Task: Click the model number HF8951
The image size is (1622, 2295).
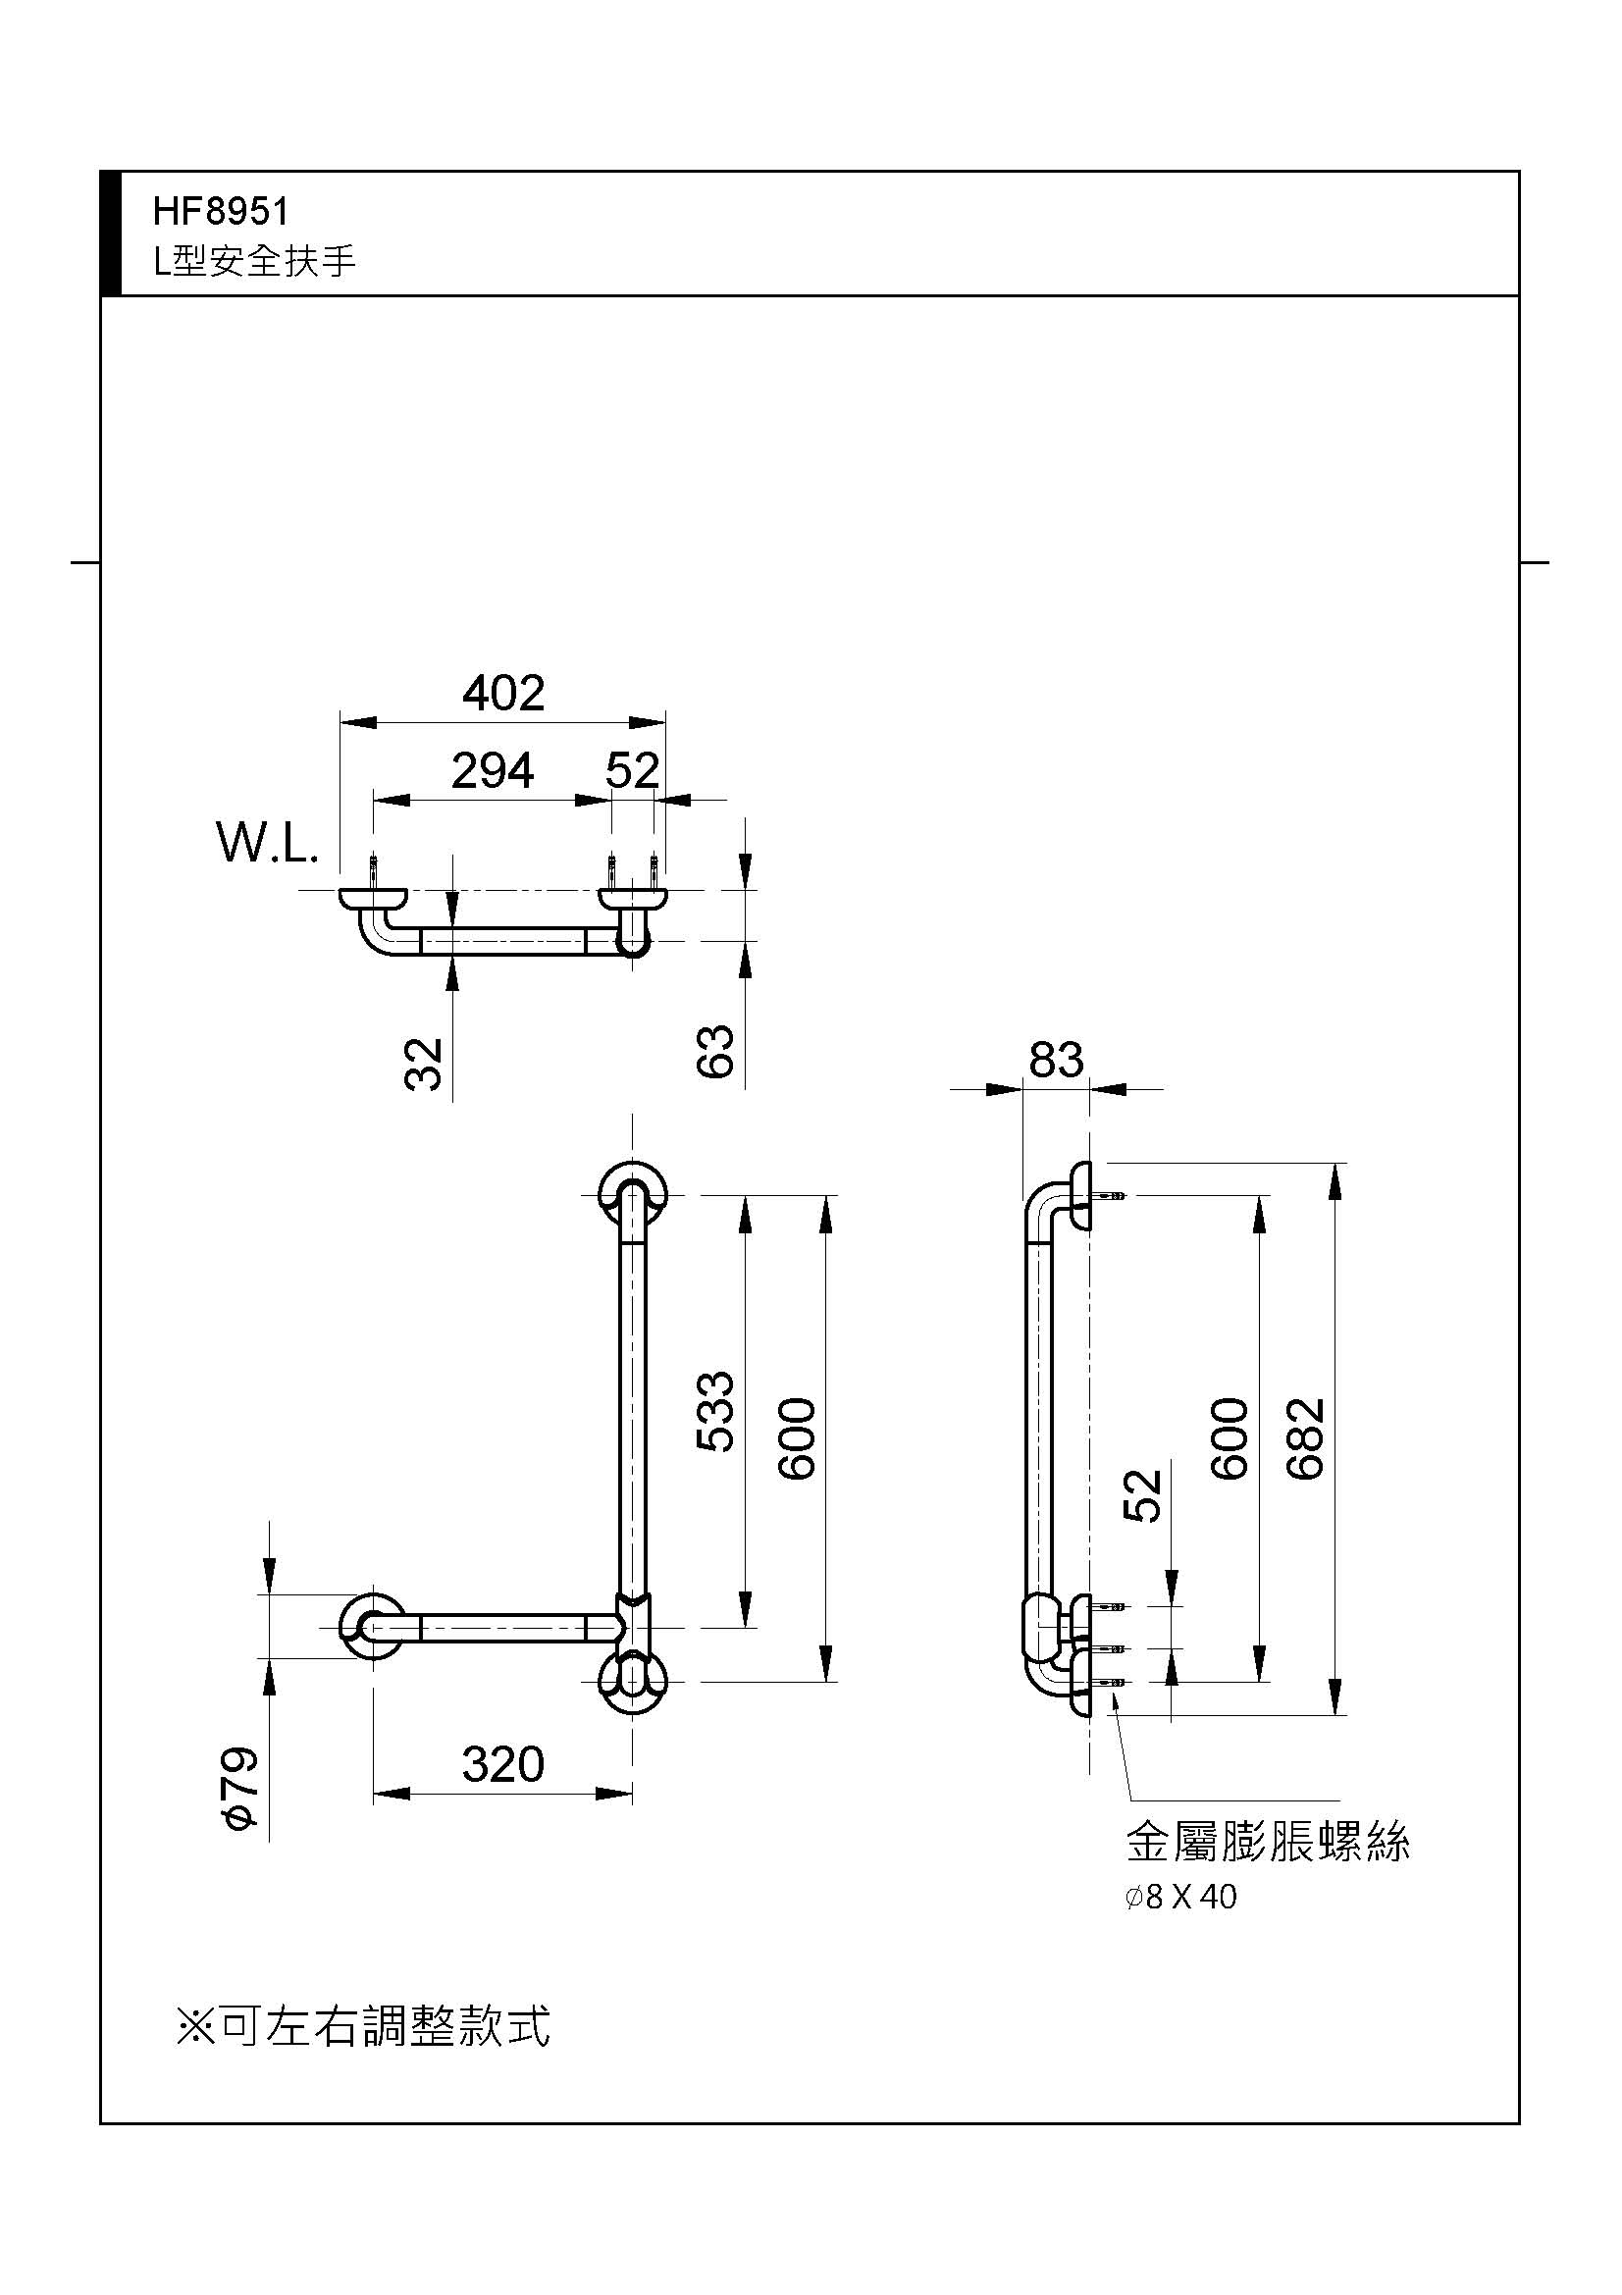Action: pyautogui.click(x=221, y=211)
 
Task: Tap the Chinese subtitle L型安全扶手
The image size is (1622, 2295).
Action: pyautogui.click(x=254, y=261)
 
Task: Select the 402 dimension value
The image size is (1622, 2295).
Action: pyautogui.click(x=502, y=693)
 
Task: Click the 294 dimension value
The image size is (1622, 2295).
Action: pyautogui.click(x=492, y=770)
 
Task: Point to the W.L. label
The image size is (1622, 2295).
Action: pyautogui.click(x=267, y=843)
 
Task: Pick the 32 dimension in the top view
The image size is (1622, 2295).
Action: pyautogui.click(x=424, y=1064)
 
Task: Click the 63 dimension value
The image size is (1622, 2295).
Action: pyautogui.click(x=715, y=1051)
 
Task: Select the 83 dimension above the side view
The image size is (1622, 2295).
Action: pyautogui.click(x=1056, y=1060)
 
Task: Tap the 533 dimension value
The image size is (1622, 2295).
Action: pyautogui.click(x=715, y=1411)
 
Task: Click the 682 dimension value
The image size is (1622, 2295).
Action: pyautogui.click(x=1306, y=1438)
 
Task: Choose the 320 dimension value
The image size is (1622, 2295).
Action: pyautogui.click(x=502, y=1765)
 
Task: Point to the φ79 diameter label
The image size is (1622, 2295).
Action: pyautogui.click(x=241, y=1789)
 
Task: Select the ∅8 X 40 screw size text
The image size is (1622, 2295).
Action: pyautogui.click(x=1180, y=1897)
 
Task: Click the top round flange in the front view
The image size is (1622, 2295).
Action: pyautogui.click(x=633, y=1193)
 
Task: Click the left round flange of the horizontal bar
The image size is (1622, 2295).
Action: pyautogui.click(x=373, y=1627)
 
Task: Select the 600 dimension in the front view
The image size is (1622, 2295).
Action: pyautogui.click(x=798, y=1438)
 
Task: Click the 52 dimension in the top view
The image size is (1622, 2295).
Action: pyautogui.click(x=632, y=770)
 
